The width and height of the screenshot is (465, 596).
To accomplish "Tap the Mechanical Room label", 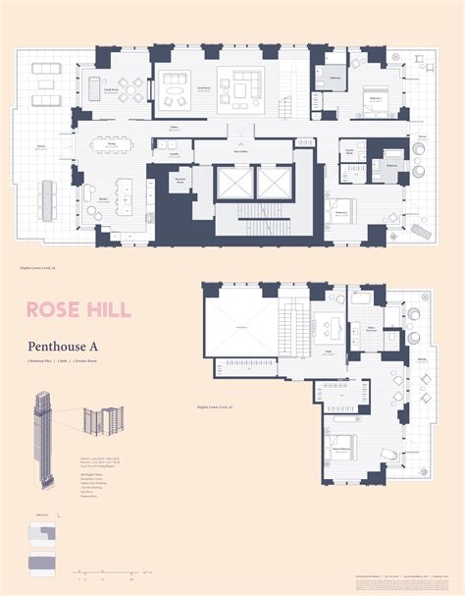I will point(180,181).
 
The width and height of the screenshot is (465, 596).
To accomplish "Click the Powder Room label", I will point(347,149).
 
